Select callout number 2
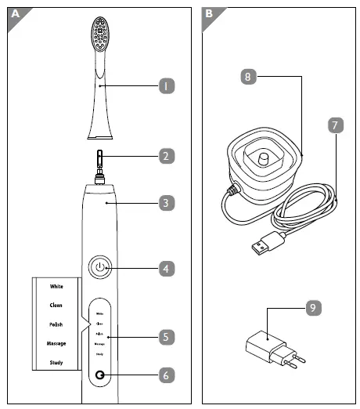click(x=166, y=156)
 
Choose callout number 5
click(x=166, y=338)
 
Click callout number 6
click(x=166, y=375)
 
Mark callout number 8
click(x=247, y=77)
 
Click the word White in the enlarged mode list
click(x=56, y=287)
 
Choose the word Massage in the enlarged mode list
click(x=56, y=344)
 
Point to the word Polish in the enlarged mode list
click(x=56, y=324)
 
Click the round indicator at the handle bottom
click(x=100, y=376)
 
